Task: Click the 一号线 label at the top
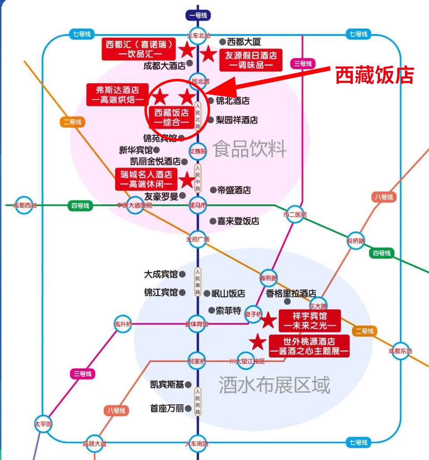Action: [198, 15]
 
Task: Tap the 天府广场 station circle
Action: [198, 239]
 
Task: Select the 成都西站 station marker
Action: [24, 205]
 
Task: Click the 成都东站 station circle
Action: [400, 351]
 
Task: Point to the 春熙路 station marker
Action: [268, 277]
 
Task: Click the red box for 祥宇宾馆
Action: [310, 321]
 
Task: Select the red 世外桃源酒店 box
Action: [309, 346]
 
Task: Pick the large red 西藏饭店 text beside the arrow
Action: [374, 75]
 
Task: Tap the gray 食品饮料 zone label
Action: [250, 149]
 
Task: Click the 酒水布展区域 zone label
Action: [274, 385]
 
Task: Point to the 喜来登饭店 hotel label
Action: [238, 221]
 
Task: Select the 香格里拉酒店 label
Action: [291, 293]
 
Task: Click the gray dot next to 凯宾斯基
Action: [188, 385]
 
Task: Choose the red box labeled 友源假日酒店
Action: [251, 60]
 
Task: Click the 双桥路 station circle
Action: [355, 240]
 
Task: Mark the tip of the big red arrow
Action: [204, 92]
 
